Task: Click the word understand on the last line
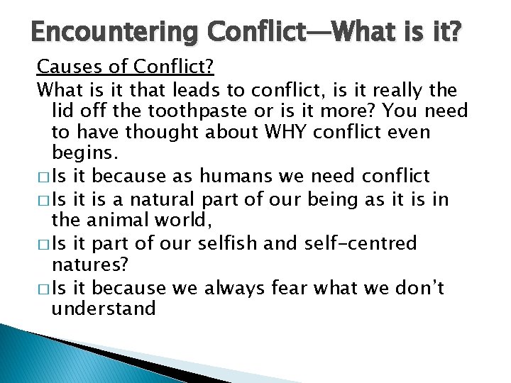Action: point(104,309)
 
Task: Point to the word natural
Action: point(170,199)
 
